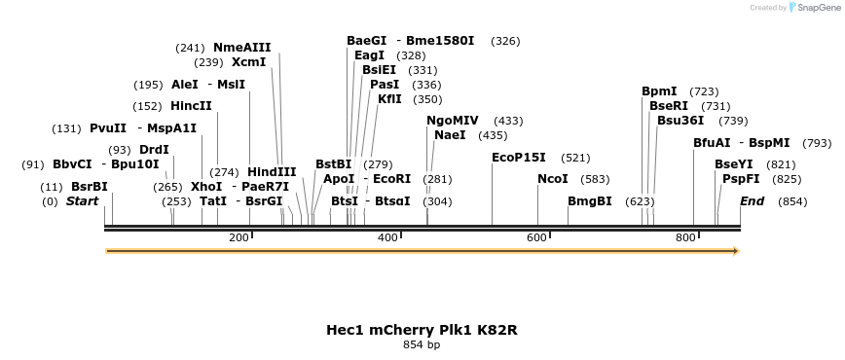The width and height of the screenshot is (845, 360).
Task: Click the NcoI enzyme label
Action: click(x=553, y=179)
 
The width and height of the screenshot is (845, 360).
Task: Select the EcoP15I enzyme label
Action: click(x=519, y=157)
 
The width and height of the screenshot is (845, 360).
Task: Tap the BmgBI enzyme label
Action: click(x=590, y=201)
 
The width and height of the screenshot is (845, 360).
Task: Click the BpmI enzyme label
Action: click(x=659, y=91)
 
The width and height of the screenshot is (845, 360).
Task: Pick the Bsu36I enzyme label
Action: click(x=680, y=121)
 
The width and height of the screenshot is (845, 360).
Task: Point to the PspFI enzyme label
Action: click(x=741, y=179)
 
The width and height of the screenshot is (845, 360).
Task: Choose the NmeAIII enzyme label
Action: click(x=242, y=48)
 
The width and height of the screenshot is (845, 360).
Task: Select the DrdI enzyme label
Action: click(x=154, y=150)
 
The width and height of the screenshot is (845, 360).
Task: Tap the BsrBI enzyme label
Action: click(x=90, y=187)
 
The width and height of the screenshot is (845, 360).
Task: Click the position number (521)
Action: click(x=575, y=158)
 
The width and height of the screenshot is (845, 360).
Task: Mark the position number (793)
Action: click(x=817, y=143)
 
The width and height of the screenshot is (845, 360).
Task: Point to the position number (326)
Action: click(x=505, y=41)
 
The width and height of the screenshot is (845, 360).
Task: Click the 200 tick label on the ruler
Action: click(x=239, y=238)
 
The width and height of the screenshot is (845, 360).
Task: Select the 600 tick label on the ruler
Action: click(x=537, y=238)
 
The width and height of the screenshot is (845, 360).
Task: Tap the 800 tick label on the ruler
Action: click(x=685, y=238)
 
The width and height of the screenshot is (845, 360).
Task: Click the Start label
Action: click(x=83, y=201)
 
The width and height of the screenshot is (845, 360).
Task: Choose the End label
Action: click(x=752, y=201)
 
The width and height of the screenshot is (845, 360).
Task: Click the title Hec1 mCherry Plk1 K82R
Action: click(x=422, y=330)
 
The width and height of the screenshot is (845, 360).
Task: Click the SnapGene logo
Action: click(x=812, y=8)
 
